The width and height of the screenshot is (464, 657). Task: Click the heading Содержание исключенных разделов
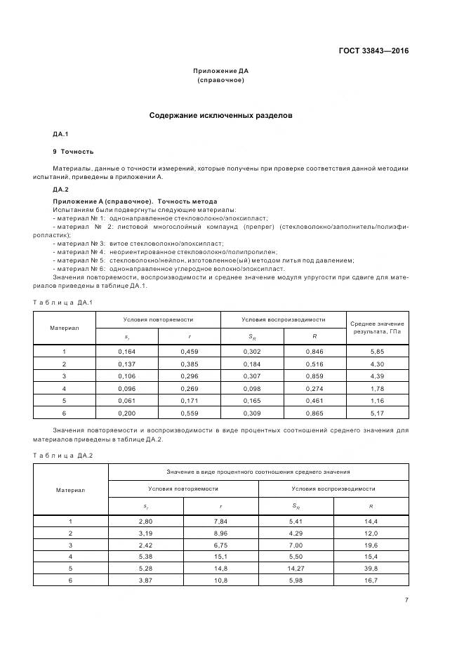220,115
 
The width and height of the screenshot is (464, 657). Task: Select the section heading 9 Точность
73,152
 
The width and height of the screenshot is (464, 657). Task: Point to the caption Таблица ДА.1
63,303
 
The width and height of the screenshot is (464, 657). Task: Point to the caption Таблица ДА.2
63,456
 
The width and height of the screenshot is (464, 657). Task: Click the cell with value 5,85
378,351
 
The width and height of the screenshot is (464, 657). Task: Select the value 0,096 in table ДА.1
126,388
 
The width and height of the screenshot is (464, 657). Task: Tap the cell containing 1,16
378,401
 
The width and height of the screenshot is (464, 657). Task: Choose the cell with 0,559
189,413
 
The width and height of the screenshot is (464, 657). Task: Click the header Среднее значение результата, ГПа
378,327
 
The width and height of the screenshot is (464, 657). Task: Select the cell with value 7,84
220,521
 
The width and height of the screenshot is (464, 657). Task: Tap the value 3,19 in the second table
145,533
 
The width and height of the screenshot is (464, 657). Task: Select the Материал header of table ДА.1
65,328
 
